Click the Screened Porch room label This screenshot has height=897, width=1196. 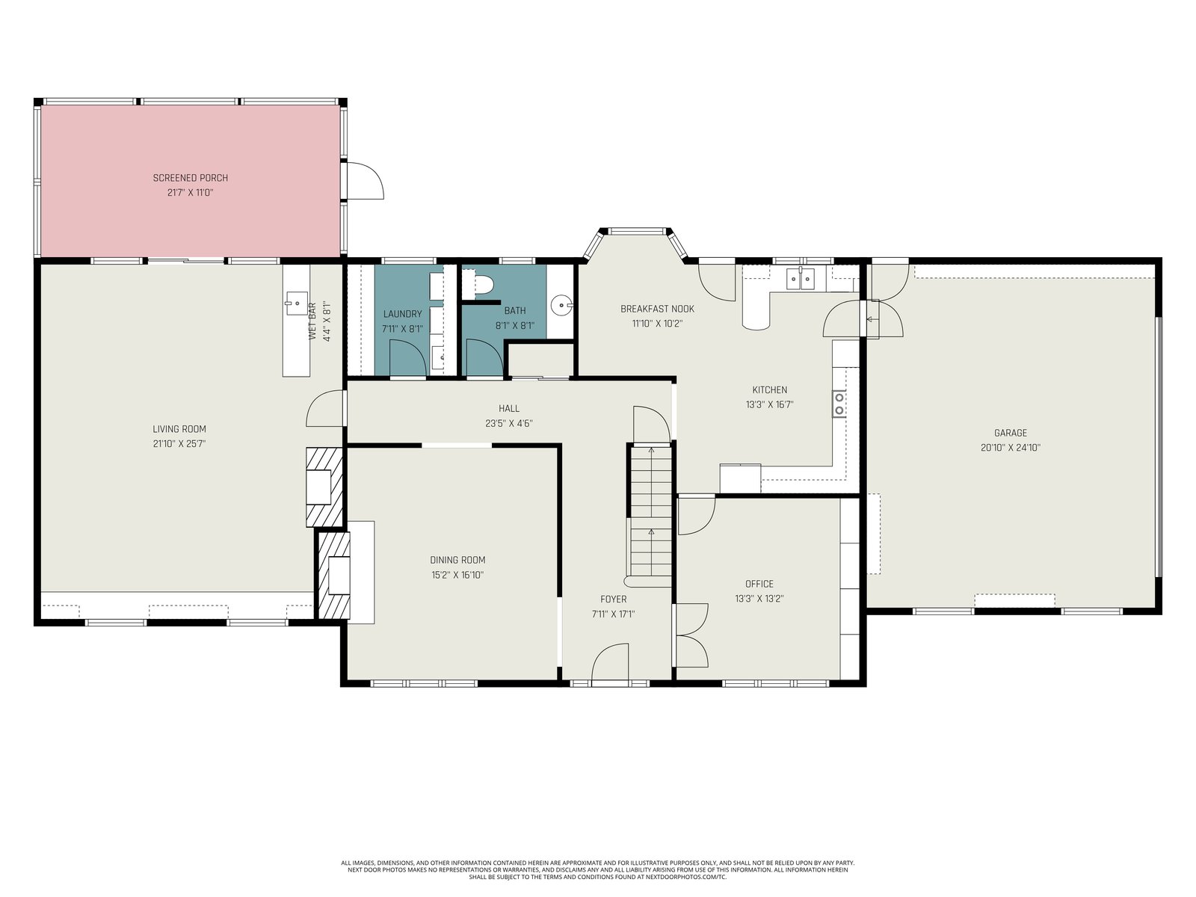(x=190, y=178)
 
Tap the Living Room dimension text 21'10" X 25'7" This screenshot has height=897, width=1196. (x=179, y=444)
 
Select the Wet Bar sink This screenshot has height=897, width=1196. (x=297, y=303)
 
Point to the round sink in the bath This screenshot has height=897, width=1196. (x=561, y=306)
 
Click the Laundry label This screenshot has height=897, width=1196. (x=403, y=314)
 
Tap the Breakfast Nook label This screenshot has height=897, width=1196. (x=657, y=309)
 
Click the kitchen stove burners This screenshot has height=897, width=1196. (x=839, y=404)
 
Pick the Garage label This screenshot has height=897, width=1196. (x=1010, y=433)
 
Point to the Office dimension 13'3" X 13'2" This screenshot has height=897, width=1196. (x=759, y=599)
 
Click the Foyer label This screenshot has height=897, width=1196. (x=614, y=599)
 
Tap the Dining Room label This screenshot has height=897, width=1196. (x=457, y=560)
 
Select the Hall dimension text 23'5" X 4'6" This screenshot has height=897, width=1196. (x=509, y=423)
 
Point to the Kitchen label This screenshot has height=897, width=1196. (x=769, y=390)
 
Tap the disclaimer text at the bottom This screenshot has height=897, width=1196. (x=598, y=870)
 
